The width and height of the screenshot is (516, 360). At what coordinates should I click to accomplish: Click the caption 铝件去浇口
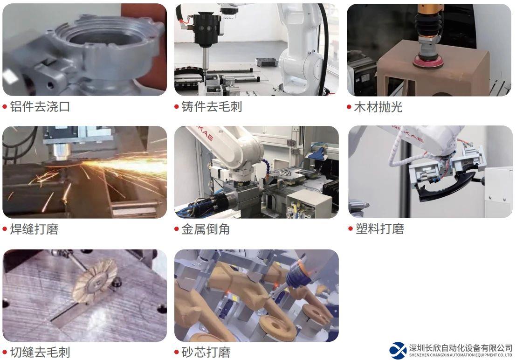[x=40, y=106]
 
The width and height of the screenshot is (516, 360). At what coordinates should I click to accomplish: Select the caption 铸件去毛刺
[x=212, y=106]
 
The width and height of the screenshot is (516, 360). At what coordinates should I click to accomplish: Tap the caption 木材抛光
[x=378, y=107]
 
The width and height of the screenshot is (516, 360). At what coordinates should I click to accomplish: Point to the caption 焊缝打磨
[x=34, y=229]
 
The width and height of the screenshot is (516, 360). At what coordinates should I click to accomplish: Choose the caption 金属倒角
[x=206, y=229]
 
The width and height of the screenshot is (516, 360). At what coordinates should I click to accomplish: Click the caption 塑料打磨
[x=380, y=228]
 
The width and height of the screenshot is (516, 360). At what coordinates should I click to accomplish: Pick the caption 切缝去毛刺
[x=40, y=352]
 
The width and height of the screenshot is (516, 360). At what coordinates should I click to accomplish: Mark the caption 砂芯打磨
[x=206, y=352]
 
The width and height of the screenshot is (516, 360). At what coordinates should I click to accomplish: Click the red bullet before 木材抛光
[x=349, y=107]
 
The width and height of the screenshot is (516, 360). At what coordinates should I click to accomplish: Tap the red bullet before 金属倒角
[x=177, y=229]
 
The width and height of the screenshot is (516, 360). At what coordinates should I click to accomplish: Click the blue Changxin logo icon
[x=398, y=351]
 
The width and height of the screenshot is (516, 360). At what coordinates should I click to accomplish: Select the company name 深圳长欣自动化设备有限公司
[x=461, y=348]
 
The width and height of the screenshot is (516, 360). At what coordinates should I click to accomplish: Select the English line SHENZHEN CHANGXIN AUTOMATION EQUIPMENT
[x=461, y=355]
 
